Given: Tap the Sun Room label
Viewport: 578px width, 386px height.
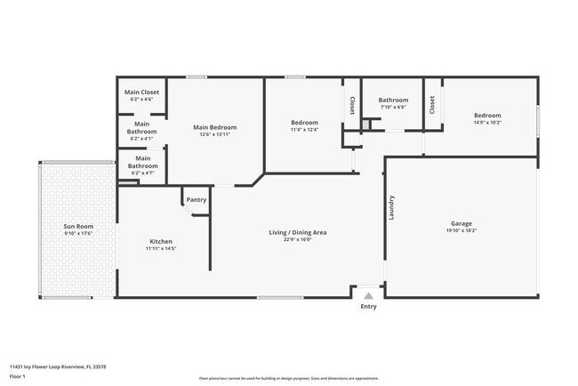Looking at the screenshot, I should point(78,226).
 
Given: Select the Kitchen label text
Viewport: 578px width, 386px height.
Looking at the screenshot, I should point(161,241).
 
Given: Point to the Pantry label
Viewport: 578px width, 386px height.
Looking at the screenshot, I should point(197,200).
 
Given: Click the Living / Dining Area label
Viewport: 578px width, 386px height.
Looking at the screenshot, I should point(298,232).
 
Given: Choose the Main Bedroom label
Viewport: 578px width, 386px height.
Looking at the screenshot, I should point(215,127).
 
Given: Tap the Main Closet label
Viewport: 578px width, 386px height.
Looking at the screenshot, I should point(141,92).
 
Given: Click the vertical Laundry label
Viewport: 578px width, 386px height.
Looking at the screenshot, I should point(391,208).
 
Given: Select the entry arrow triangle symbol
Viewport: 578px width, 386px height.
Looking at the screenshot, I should point(368,294).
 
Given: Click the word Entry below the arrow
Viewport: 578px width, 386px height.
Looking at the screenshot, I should point(368,307).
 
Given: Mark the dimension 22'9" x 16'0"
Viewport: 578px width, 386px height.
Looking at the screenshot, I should point(298,239).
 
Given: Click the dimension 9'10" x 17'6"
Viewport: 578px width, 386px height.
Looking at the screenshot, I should point(78,233).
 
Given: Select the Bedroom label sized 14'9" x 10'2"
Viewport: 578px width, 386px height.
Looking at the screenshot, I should point(487,116).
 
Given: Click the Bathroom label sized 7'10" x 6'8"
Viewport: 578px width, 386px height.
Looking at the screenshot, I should point(393,101).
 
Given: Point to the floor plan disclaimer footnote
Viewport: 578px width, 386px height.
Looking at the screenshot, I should point(288,377).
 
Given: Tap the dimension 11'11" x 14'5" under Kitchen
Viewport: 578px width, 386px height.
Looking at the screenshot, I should point(161,248).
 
